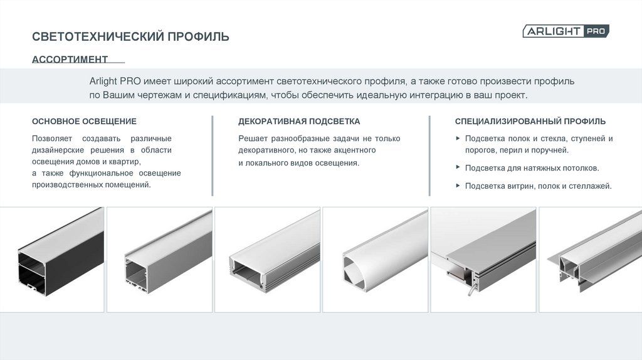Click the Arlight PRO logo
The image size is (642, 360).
[x=566, y=31]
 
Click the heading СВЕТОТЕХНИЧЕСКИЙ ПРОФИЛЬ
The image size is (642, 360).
[x=130, y=37]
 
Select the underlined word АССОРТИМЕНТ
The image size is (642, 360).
[x=70, y=60]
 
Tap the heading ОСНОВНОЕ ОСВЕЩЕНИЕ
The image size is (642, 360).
[x=85, y=121]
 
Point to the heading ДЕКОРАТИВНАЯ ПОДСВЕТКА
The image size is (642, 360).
[x=299, y=121]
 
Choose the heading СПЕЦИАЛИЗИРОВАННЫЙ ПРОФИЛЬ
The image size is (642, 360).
[x=530, y=121]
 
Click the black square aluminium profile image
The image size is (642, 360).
[x=61, y=252]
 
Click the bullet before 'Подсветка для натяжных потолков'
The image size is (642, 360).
[x=458, y=167]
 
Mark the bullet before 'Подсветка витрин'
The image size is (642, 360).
[x=458, y=186]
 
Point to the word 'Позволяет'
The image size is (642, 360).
[x=52, y=139]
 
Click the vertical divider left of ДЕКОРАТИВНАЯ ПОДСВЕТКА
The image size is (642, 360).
[x=213, y=156]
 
